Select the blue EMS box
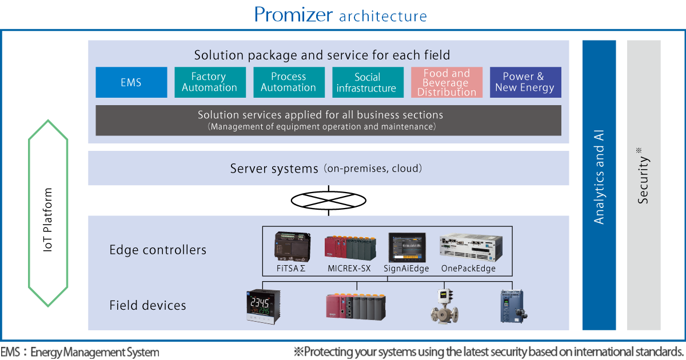(x=131, y=82)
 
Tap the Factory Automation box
(x=210, y=82)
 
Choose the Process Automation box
(x=289, y=82)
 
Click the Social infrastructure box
(x=367, y=82)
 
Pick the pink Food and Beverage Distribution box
(x=446, y=82)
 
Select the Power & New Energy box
(x=525, y=82)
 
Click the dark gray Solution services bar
(x=328, y=120)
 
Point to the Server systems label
(x=274, y=169)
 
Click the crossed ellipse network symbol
(x=329, y=201)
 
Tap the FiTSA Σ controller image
(x=291, y=246)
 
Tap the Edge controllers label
(x=158, y=250)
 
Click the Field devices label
(x=147, y=306)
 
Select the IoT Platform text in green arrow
(x=49, y=220)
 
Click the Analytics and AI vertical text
(x=599, y=177)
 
